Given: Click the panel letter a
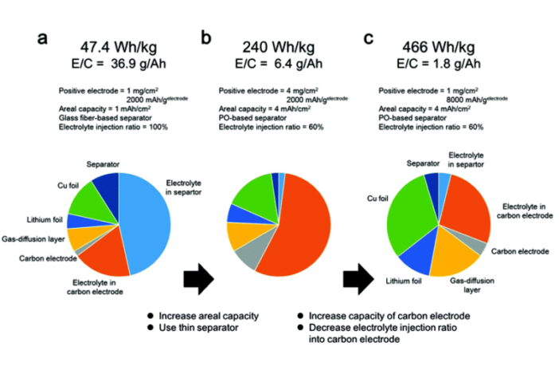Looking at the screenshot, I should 45,38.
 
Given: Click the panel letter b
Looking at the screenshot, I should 207,37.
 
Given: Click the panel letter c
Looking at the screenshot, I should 368,37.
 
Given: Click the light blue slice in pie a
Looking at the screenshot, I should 147,219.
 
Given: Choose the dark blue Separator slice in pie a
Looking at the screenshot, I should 106,188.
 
